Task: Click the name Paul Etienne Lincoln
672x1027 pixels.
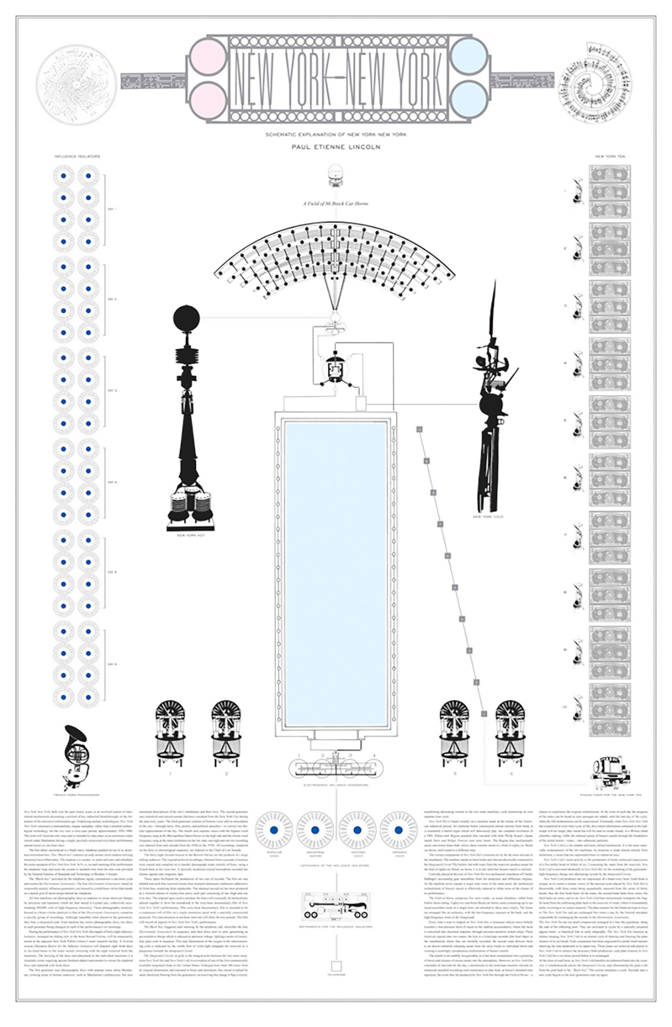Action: (336, 147)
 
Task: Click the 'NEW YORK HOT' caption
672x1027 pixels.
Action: (190, 535)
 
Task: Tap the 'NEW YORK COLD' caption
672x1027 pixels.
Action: (488, 517)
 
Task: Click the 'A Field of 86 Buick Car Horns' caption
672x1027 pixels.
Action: (336, 203)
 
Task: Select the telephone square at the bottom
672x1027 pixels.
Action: (336, 966)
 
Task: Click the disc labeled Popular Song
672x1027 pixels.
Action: (274, 830)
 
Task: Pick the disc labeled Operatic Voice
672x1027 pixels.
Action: (398, 830)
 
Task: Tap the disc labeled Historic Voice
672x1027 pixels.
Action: (357, 830)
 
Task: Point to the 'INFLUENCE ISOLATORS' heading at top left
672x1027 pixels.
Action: (77, 156)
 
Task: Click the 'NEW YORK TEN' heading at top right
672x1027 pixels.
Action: (609, 156)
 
